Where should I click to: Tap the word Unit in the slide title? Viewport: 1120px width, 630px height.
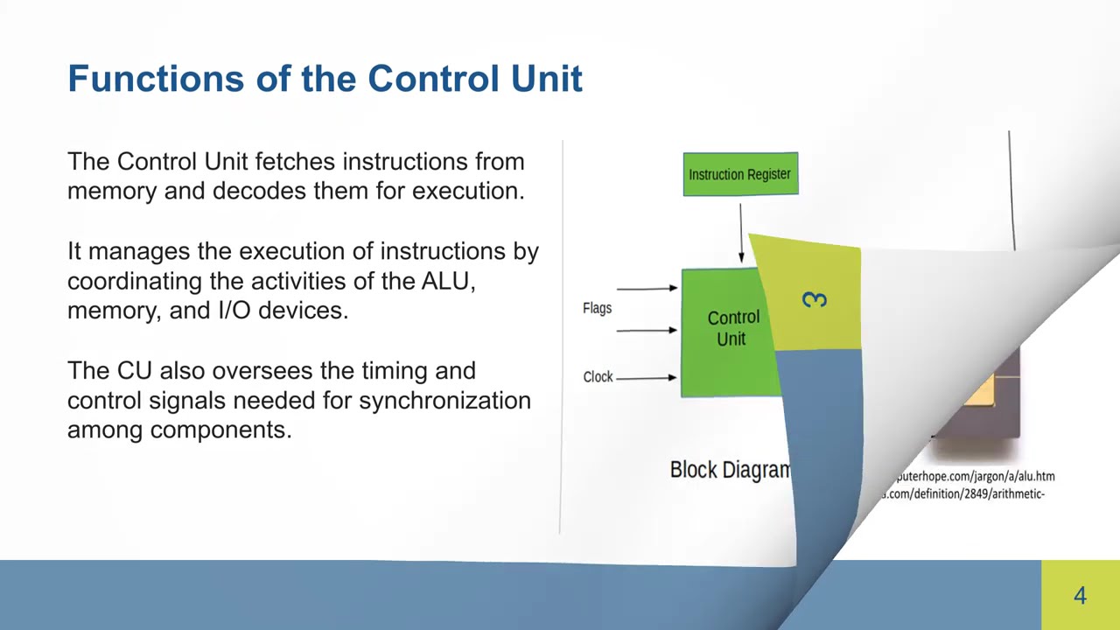[x=549, y=79]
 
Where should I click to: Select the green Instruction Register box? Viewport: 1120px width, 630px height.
[x=740, y=174]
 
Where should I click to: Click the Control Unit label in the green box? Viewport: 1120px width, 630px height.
[x=732, y=328]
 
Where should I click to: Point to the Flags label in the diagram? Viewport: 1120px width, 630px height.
[x=597, y=308]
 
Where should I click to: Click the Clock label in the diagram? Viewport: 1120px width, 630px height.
[x=598, y=377]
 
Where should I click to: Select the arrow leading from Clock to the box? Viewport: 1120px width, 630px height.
[x=646, y=378]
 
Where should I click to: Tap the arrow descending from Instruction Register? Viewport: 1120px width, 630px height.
[x=741, y=233]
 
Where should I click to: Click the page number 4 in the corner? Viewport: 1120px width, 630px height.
[x=1080, y=596]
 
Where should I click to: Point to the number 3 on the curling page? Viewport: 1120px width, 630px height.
[x=815, y=300]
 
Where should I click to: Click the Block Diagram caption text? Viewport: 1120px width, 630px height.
[x=730, y=470]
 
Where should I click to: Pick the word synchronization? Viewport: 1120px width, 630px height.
[x=444, y=401]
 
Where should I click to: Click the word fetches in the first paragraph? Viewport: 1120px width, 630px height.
[x=295, y=162]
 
